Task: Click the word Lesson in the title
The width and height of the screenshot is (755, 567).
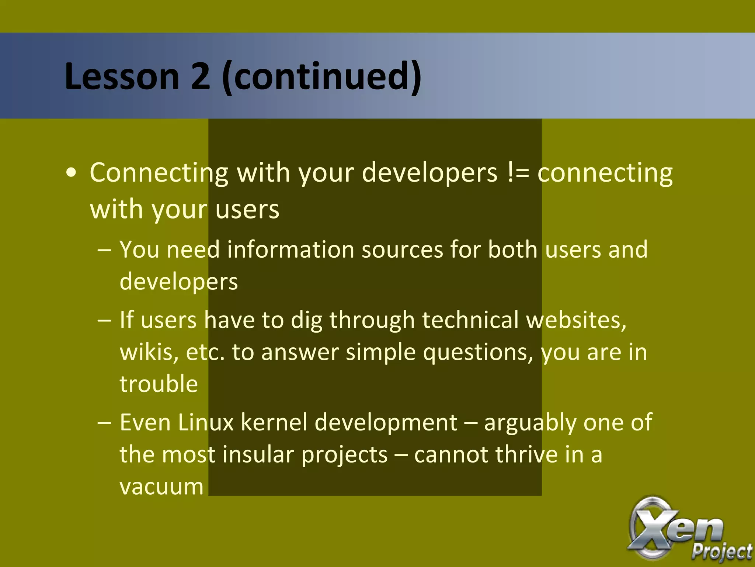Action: tap(122, 76)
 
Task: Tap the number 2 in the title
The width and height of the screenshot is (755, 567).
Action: tap(200, 76)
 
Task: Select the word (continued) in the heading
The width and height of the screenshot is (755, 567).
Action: tap(322, 76)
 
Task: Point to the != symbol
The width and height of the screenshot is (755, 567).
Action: tap(518, 172)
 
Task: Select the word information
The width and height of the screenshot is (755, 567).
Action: tap(290, 250)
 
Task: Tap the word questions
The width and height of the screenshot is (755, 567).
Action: tap(478, 353)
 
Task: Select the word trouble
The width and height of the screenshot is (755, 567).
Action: tap(159, 384)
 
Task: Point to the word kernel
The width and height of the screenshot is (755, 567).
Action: tap(274, 422)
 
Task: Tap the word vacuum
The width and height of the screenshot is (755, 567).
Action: tap(161, 487)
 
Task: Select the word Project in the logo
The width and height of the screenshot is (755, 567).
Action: tap(721, 551)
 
